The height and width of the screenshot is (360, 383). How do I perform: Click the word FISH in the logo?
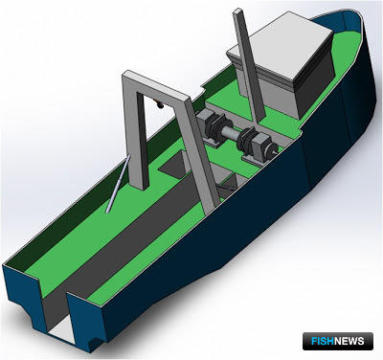[x=323, y=341]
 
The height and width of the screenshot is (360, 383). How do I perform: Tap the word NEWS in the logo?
[x=349, y=341]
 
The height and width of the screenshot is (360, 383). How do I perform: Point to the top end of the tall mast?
[x=238, y=11]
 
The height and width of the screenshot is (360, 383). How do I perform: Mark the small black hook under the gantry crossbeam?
[x=159, y=104]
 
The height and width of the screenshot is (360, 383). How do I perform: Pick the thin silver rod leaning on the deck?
[x=118, y=184]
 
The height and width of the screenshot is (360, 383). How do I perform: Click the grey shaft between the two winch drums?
[x=231, y=131]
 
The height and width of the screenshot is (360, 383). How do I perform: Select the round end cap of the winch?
[x=273, y=149]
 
